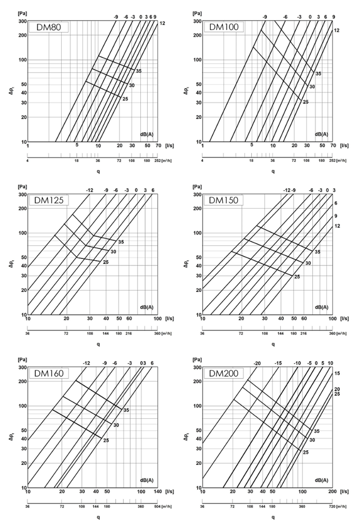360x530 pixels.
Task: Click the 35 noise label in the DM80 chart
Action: pos(138,70)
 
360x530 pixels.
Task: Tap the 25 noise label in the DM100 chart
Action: pos(306,102)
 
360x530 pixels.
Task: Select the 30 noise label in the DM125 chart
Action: pos(113,252)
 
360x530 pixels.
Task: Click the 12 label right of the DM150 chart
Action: pos(337,227)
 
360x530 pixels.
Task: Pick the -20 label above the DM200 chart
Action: pos(257,363)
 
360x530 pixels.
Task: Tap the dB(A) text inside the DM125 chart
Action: pos(147,307)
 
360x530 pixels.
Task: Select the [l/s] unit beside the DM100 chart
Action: pos(344,146)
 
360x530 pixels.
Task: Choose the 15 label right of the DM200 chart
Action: pos(337,373)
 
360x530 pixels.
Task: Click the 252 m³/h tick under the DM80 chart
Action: pos(151,161)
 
